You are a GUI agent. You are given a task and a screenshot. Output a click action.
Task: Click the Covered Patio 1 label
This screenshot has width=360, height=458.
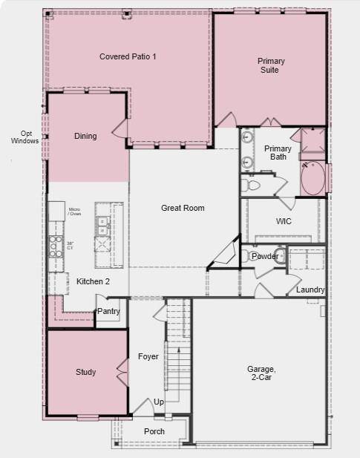128,56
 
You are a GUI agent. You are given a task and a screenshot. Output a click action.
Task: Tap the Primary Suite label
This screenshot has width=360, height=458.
271,65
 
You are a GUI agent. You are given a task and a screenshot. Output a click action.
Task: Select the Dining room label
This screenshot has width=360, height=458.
85,137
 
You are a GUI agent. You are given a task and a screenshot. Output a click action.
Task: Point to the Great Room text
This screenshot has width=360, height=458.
183,208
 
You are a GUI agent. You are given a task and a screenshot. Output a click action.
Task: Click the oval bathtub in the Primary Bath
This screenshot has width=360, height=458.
312,178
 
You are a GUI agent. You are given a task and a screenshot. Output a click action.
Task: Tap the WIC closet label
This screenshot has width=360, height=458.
284,221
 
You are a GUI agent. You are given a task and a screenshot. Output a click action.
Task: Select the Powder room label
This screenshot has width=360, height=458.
265,256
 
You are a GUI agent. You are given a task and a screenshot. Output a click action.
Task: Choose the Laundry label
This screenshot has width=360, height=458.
310,289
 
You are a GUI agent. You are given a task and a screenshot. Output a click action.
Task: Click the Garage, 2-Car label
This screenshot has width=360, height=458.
261,373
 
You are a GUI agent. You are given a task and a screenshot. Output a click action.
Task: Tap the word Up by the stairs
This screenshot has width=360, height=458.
159,402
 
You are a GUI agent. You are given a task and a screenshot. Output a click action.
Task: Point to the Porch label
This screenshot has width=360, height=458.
154,431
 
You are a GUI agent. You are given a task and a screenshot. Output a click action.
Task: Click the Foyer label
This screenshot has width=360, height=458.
148,357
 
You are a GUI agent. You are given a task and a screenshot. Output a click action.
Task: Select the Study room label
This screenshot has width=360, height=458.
85,372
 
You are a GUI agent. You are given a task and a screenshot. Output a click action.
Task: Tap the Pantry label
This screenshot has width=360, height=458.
108,312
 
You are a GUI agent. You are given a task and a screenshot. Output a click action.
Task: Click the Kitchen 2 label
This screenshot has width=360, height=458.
93,282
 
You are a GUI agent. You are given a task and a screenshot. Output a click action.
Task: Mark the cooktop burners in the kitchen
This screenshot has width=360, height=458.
55,245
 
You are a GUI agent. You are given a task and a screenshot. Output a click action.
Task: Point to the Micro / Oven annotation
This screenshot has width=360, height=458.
75,212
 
